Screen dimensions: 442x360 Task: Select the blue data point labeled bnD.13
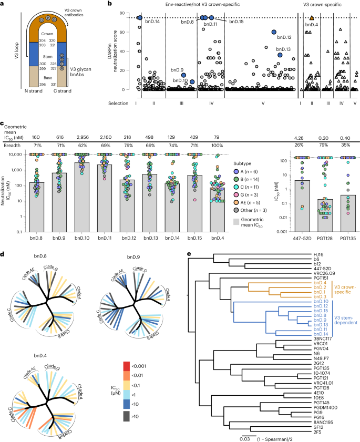(280, 55)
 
